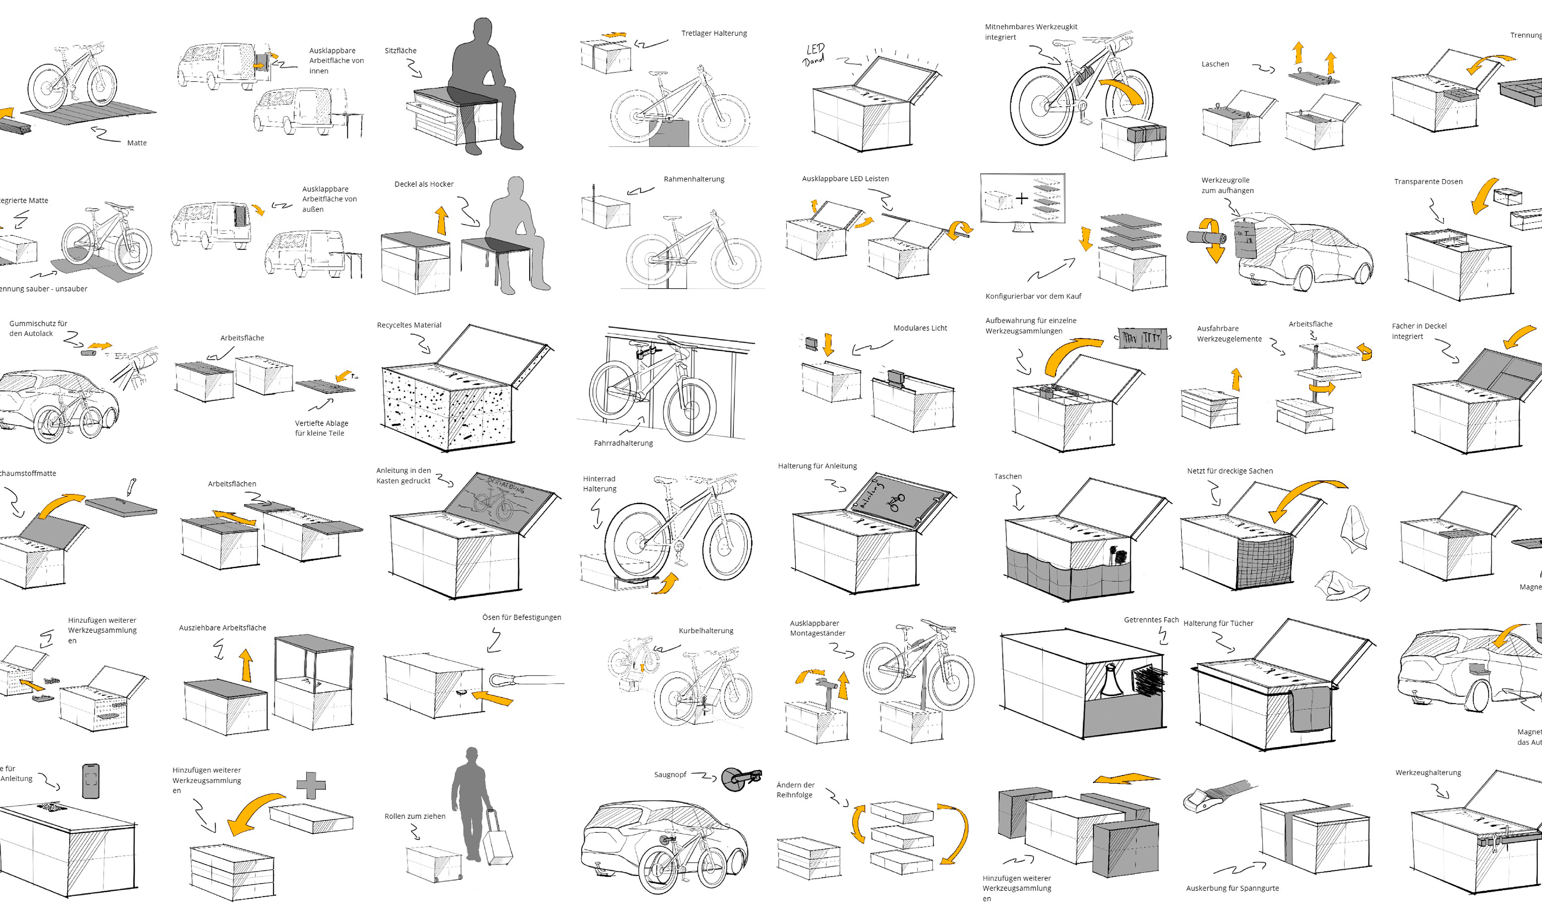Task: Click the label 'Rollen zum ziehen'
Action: [415, 816]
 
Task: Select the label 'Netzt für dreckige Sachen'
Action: [1230, 471]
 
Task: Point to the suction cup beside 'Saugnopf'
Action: [734, 779]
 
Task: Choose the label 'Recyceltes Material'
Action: [409, 325]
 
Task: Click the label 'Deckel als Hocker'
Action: [424, 184]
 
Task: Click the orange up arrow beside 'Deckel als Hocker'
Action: [441, 220]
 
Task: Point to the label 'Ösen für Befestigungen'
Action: [521, 618]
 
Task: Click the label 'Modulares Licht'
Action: [920, 328]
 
